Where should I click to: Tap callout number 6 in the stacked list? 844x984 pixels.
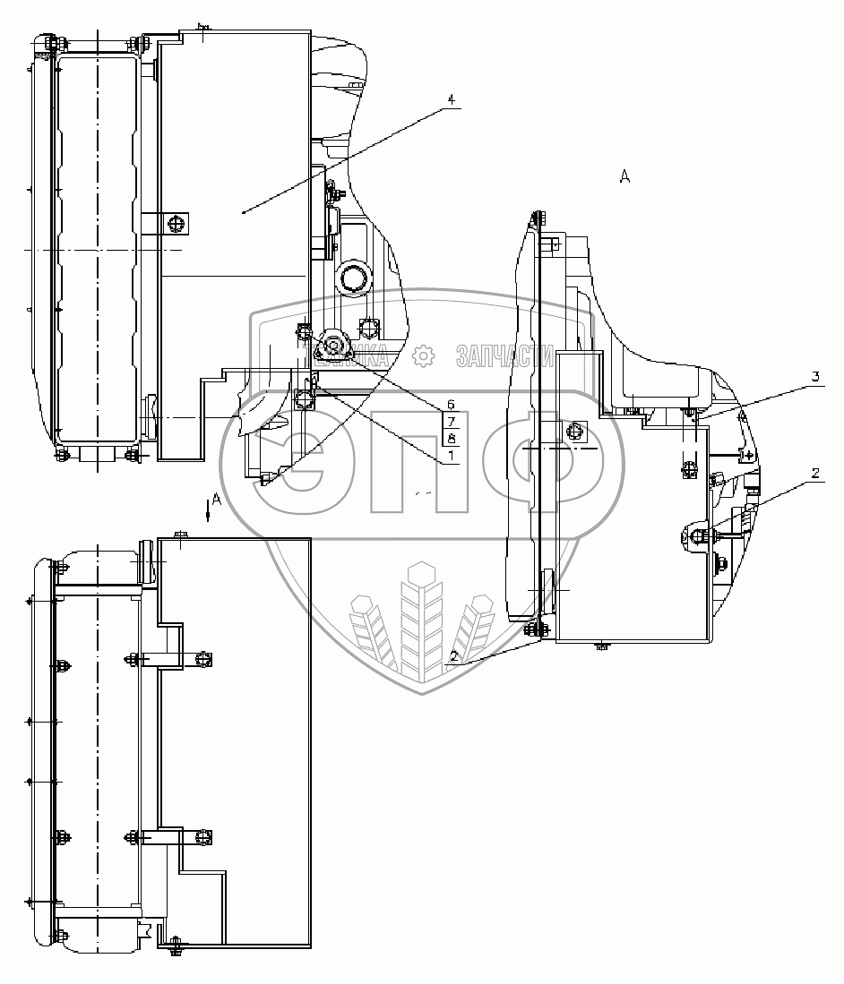451,405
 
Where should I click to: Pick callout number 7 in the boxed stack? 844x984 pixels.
452,421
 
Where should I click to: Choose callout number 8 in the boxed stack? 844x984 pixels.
452,438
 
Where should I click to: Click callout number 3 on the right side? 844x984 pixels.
815,377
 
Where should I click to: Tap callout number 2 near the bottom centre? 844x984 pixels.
454,656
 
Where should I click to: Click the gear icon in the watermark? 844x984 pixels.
422,356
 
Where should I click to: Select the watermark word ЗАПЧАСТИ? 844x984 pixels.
504,356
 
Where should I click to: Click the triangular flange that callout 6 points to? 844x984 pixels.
334,346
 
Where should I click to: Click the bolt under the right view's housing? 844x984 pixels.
601,645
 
